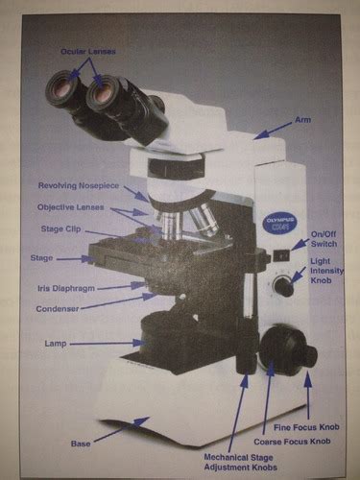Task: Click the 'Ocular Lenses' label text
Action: [88, 51]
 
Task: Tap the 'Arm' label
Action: [302, 120]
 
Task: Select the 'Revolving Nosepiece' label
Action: [79, 185]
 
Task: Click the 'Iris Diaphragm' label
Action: [66, 288]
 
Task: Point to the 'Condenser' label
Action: [58, 309]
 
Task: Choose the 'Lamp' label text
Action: [56, 344]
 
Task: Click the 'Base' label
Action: [81, 444]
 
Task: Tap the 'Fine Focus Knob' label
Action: [306, 427]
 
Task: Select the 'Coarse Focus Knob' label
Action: [292, 442]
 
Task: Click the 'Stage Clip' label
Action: [60, 229]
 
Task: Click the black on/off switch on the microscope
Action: [281, 255]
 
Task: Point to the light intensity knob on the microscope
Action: [283, 286]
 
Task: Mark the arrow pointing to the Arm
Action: [273, 131]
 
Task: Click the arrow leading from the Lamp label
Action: [108, 344]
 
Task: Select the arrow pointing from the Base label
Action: [122, 430]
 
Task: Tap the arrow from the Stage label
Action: [76, 259]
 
